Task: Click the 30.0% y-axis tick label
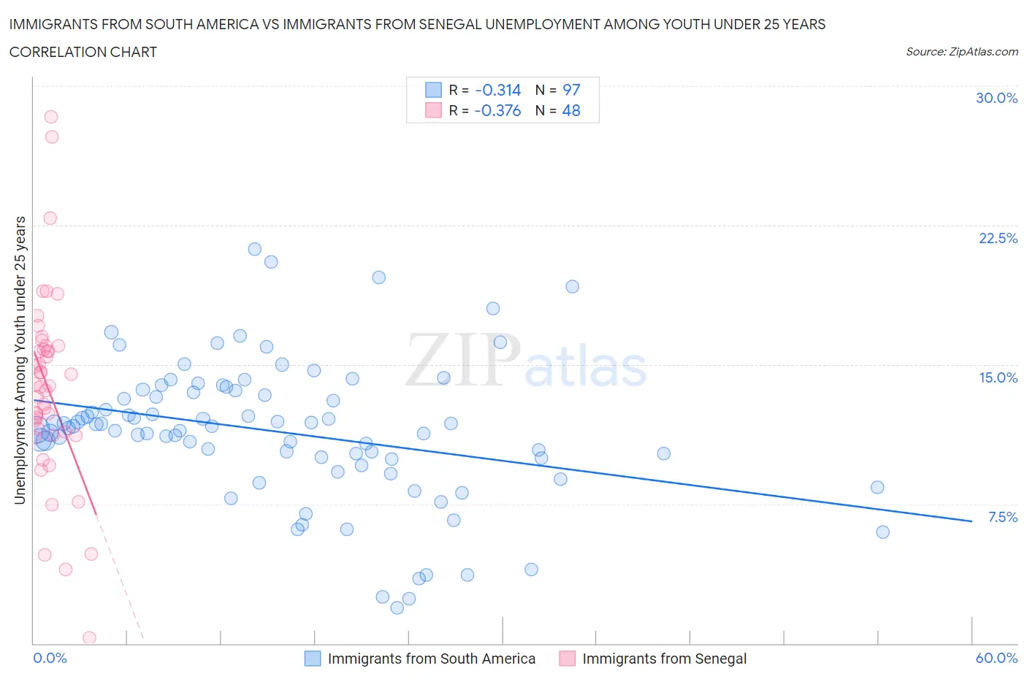996,98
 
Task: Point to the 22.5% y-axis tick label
998,238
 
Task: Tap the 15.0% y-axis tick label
998,377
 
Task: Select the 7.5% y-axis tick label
1002,517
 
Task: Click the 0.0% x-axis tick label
50,658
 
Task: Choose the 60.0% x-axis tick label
996,658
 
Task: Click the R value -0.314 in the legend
497,90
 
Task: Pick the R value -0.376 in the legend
497,110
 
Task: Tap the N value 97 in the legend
571,90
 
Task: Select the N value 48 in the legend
571,110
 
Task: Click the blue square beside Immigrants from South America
313,659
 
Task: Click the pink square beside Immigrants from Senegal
567,659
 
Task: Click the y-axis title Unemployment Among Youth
20,360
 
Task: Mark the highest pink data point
50,117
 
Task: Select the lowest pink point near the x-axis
89,637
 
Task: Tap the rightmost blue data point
882,532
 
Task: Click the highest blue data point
254,249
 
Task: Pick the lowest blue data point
397,607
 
